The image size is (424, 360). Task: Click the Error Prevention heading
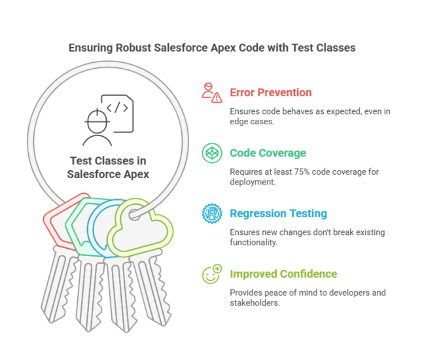pyautogui.click(x=270, y=93)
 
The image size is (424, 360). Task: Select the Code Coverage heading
pyautogui.click(x=268, y=153)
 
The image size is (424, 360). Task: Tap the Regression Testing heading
pyautogui.click(x=278, y=213)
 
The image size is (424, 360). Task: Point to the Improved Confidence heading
pyautogui.click(x=283, y=274)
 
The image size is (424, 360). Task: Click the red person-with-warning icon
pyautogui.click(x=211, y=92)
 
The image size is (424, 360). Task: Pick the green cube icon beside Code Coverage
pyautogui.click(x=211, y=153)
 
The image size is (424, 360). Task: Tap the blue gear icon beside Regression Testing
pyautogui.click(x=211, y=213)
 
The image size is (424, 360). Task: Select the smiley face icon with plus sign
pyautogui.click(x=211, y=274)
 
